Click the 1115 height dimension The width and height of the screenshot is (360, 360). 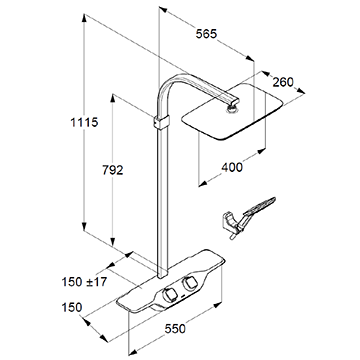coord(84,123)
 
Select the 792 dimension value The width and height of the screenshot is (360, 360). coord(113,170)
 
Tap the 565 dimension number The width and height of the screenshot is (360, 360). coord(206,34)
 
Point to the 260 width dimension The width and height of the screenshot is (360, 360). coord(283,82)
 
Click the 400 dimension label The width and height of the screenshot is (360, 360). coord(232,167)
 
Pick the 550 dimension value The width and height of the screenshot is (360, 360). coord(175,329)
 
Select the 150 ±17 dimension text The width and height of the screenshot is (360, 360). coord(84,282)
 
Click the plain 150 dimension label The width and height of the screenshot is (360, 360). coord(72,307)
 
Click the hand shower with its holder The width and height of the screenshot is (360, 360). coord(248,217)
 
